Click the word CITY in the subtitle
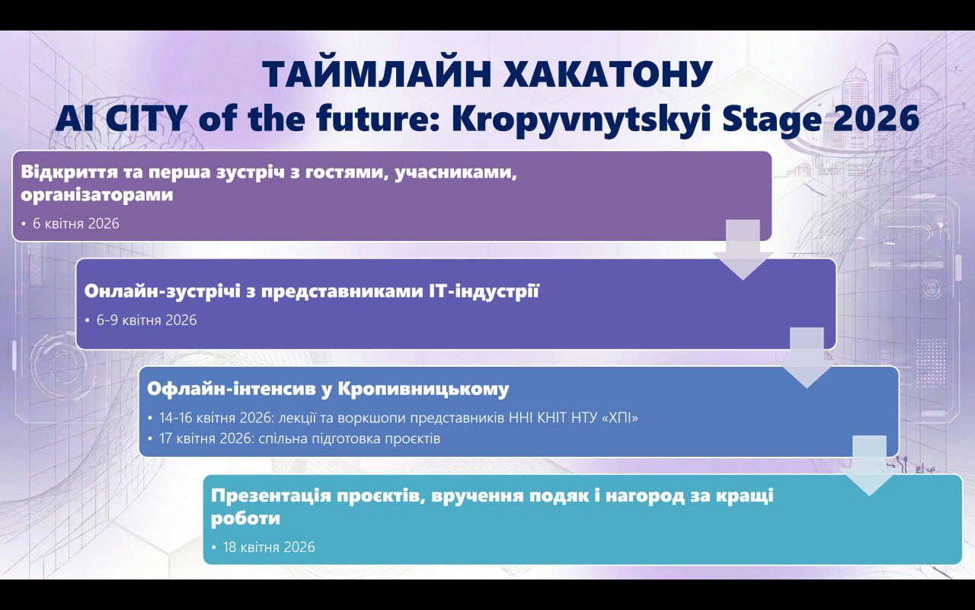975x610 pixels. pos(145,118)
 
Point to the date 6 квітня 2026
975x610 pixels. pos(75,223)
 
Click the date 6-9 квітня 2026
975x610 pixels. pos(146,320)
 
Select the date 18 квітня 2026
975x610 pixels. pos(269,547)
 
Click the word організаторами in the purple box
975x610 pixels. pos(97,194)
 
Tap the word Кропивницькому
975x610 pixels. pos(423,389)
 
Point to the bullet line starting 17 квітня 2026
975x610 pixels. pos(299,438)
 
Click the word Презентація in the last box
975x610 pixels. pos(270,496)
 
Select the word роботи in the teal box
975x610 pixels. pos(245,518)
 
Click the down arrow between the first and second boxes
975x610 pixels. pos(743,249)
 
